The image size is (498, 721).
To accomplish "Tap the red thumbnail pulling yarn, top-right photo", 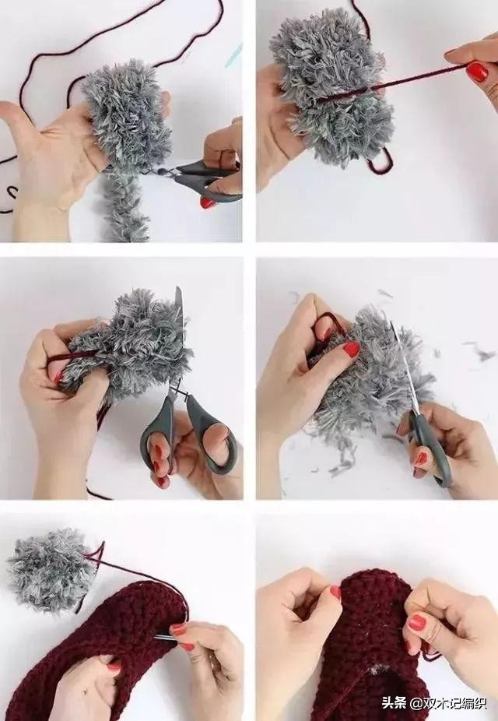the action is (x=478, y=72).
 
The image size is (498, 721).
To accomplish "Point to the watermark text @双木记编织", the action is (x=449, y=703).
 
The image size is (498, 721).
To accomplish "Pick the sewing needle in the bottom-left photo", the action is (x=165, y=637).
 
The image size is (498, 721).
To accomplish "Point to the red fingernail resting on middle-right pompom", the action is (x=352, y=349).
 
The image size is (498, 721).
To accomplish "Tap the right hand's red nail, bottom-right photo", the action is (x=416, y=623).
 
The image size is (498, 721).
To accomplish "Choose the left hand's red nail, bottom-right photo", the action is (x=336, y=591).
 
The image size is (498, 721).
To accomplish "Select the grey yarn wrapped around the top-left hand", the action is (x=125, y=115).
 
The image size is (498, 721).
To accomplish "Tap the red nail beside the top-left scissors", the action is (x=208, y=202).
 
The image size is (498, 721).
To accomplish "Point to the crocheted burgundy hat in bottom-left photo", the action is (x=92, y=653).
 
